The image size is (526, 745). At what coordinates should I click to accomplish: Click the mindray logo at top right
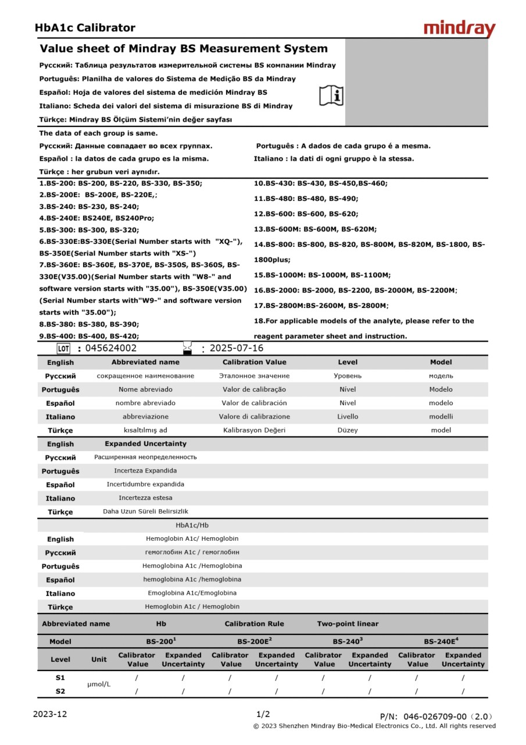(x=459, y=29)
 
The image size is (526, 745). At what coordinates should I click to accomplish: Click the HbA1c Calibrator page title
(x=85, y=28)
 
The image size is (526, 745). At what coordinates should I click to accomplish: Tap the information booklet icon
(x=331, y=95)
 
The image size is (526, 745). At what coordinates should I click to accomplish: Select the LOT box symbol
(x=63, y=349)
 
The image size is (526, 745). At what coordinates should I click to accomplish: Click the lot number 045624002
(x=111, y=349)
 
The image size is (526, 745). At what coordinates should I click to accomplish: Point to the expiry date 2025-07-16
(x=236, y=349)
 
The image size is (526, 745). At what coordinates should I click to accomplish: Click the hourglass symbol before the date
(x=187, y=347)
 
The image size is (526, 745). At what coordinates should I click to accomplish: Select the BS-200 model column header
(x=161, y=641)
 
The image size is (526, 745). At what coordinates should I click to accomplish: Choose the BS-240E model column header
(x=441, y=641)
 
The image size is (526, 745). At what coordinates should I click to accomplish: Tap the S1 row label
(x=60, y=677)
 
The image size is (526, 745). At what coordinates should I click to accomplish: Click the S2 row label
(x=60, y=691)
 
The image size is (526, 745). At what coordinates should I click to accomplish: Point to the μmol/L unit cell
(x=99, y=684)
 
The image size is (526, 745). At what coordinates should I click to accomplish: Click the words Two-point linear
(x=348, y=624)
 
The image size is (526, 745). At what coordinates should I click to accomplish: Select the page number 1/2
(x=263, y=714)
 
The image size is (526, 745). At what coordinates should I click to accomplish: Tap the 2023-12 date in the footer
(x=50, y=714)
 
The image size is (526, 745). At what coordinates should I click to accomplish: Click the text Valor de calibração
(x=254, y=389)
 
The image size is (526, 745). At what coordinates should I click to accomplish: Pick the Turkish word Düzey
(x=348, y=430)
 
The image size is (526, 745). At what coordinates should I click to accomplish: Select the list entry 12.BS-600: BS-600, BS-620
(x=306, y=214)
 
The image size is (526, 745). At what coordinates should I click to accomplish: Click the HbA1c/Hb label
(x=192, y=526)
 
